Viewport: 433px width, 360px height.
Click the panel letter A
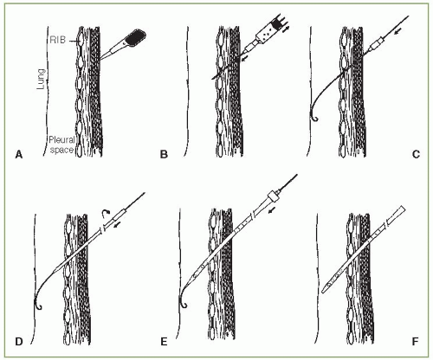tap(19, 155)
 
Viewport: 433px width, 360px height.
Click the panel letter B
tap(164, 155)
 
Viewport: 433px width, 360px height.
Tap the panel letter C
tap(416, 155)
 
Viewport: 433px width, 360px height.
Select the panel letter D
tap(19, 342)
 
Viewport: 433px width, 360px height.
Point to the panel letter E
tap(164, 342)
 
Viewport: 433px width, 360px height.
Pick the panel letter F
tap(415, 342)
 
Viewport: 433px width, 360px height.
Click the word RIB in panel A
tap(58, 40)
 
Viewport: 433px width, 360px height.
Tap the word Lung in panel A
tap(42, 79)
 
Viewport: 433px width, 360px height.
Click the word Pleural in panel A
tap(61, 140)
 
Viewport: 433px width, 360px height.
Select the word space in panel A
tap(61, 150)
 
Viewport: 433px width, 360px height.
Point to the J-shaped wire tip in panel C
tap(313, 117)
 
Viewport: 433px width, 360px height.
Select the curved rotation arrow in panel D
tap(105, 214)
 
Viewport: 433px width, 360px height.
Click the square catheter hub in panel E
tap(274, 196)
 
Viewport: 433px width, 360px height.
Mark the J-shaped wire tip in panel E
tap(183, 303)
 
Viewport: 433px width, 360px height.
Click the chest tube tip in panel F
tap(324, 291)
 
